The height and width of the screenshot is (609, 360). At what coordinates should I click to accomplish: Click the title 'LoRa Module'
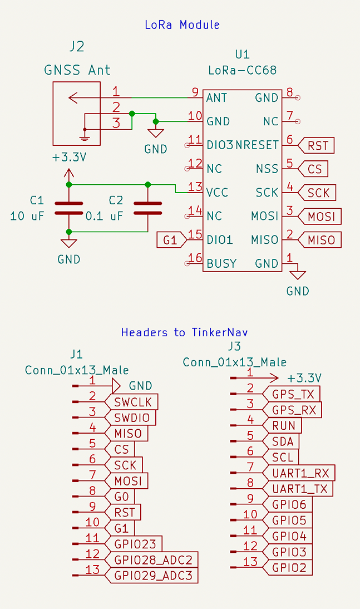[182, 25]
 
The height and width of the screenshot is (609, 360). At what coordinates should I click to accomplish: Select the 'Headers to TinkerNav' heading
[184, 332]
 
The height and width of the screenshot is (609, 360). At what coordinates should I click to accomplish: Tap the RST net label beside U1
[316, 146]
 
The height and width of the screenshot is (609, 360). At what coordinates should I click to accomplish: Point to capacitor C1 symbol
[68, 208]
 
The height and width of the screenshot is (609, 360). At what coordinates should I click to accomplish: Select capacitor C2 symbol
[147, 208]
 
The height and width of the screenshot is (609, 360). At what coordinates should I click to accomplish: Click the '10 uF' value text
[27, 216]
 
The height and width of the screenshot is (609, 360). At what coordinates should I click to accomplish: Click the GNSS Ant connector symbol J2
[77, 113]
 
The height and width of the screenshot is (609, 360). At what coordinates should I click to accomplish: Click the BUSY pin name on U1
[221, 263]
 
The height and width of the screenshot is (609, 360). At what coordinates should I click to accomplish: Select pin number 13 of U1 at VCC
[195, 187]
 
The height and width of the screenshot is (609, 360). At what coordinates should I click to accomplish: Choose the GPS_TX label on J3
[293, 394]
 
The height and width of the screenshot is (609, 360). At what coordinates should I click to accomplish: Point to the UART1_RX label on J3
[300, 473]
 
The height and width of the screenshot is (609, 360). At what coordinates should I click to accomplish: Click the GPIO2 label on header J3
[289, 568]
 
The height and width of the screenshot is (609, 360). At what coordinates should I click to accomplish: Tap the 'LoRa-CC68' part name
[242, 71]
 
